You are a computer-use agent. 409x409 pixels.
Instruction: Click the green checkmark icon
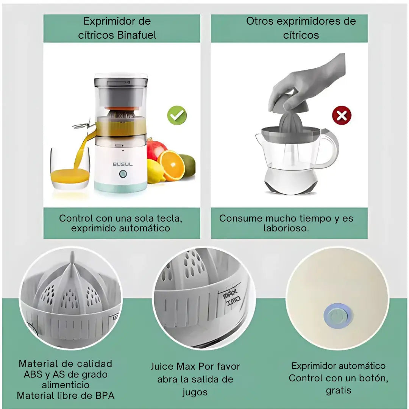point(177,116)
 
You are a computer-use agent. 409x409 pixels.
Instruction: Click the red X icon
point(342,116)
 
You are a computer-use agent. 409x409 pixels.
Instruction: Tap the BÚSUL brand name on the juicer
point(123,164)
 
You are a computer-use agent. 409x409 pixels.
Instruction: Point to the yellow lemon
point(155,172)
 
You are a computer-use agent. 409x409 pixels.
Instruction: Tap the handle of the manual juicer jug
point(329,148)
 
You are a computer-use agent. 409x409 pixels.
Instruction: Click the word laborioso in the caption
point(286,228)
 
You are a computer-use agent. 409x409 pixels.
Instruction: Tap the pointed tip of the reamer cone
point(72,255)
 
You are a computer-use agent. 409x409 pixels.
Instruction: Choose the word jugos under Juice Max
point(195,392)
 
